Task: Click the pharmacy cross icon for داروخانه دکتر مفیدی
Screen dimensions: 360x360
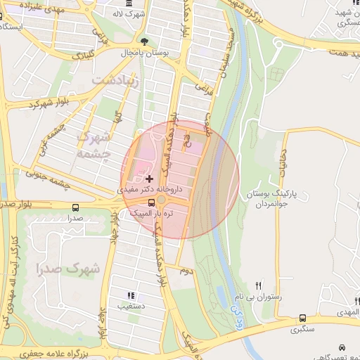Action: [149, 179]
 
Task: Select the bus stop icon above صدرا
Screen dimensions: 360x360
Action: [76, 207]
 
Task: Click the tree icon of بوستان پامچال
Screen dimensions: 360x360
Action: [145, 41]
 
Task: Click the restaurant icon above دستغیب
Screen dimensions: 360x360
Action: [130, 296]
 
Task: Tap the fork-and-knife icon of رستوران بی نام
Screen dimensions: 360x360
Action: [259, 285]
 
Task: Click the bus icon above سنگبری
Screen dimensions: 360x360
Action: [303, 318]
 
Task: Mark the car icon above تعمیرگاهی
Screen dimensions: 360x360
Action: [342, 348]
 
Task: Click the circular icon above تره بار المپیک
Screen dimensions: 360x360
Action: [161, 202]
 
